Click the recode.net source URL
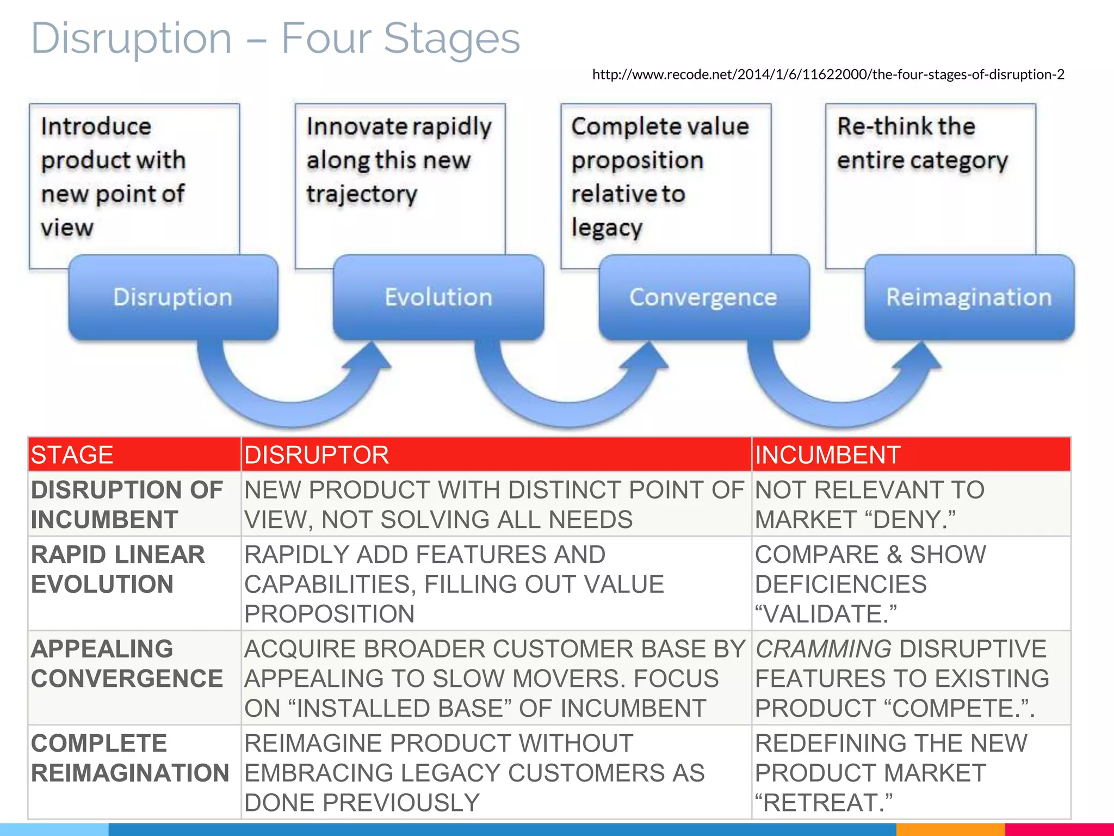point(828,75)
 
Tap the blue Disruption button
point(173,297)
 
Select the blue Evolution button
point(438,297)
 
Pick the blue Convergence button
point(703,297)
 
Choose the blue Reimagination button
point(969,297)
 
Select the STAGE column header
point(72,455)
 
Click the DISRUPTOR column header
point(317,455)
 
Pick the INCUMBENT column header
point(827,455)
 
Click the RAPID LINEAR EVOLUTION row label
point(118,569)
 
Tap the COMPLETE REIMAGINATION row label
point(129,758)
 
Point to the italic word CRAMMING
point(823,649)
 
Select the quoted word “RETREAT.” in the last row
point(824,803)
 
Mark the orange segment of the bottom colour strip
point(950,830)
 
